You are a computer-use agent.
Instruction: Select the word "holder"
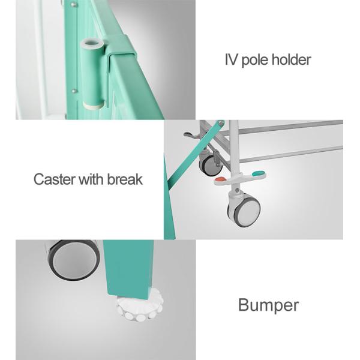292,59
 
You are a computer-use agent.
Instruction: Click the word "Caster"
55,179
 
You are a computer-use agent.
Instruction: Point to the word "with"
91,179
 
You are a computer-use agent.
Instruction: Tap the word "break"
125,179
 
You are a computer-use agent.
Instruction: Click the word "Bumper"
268,305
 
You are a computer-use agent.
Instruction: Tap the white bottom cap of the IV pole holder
93,106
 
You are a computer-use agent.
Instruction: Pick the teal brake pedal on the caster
258,173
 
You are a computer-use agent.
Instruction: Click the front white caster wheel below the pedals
244,211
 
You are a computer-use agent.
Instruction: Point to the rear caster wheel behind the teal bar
210,164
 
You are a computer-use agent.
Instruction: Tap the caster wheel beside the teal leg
73,259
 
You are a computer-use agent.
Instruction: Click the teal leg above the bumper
128,269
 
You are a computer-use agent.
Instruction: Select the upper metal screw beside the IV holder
73,4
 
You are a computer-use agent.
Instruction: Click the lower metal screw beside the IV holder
73,91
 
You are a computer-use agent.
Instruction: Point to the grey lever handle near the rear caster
191,135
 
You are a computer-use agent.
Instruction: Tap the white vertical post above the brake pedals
234,147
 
